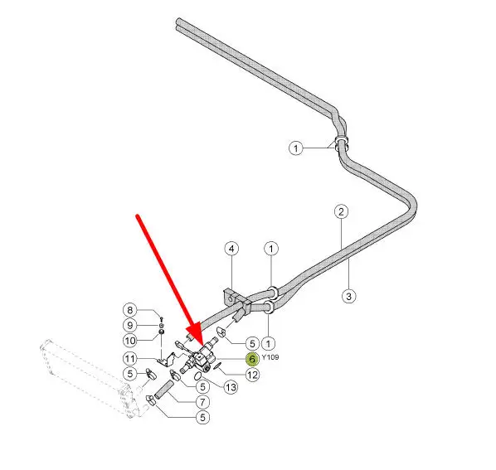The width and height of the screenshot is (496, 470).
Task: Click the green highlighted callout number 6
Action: coord(252,359)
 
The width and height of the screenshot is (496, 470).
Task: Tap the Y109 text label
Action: coord(270,357)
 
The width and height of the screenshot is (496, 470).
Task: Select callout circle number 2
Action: coord(341,211)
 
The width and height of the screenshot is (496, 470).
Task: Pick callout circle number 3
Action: coord(348,296)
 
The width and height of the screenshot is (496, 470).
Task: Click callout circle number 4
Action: coord(231,249)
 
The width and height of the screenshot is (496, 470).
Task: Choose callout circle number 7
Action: coord(202,402)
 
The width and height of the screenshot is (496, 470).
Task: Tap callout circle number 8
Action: coord(129,310)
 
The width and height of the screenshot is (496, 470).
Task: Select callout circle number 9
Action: coord(129,325)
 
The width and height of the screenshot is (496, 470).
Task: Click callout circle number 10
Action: coord(129,341)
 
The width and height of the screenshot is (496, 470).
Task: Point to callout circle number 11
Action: coord(129,358)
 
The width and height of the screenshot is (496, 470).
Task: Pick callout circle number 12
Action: coord(252,375)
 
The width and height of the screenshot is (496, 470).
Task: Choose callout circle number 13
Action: coord(231,387)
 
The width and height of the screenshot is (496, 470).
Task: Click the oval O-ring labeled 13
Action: coord(197,376)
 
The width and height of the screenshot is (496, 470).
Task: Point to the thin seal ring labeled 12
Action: coord(216,366)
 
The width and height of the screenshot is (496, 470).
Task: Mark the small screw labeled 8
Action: coord(161,318)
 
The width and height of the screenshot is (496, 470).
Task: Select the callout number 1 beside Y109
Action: coord(268,343)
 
